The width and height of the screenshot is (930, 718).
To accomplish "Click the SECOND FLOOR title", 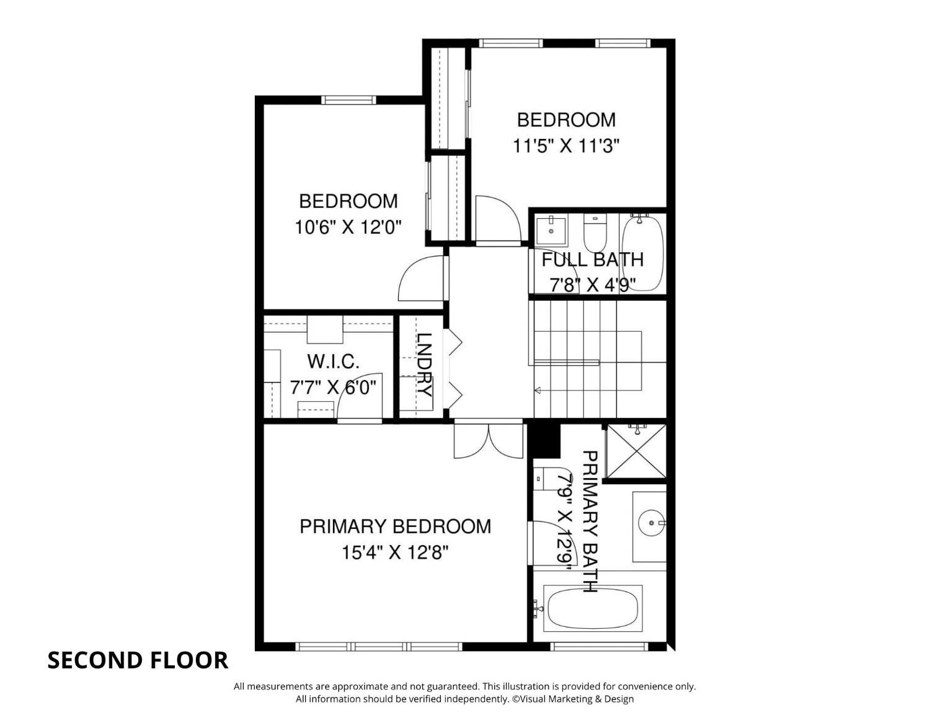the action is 138,660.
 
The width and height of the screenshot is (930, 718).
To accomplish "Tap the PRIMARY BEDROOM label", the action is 395,526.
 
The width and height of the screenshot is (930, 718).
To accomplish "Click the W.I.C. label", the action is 333,362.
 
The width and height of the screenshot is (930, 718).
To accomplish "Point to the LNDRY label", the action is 424,365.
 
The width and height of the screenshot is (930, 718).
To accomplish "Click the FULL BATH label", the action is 593,260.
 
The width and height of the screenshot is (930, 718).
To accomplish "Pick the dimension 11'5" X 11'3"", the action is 566,146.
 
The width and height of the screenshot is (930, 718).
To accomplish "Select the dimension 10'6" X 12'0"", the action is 348,227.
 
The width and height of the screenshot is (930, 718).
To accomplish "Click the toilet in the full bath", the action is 595,233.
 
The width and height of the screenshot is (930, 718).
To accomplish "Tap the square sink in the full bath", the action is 551,231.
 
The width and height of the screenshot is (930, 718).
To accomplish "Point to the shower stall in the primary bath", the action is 636,451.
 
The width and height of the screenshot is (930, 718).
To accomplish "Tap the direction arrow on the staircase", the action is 538,390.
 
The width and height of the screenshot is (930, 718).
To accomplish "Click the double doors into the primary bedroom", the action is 489,441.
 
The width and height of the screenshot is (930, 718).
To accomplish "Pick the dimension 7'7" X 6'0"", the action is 333,388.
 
